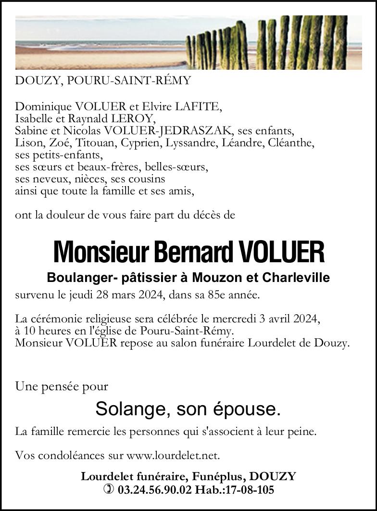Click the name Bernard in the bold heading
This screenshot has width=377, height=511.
(x=193, y=252)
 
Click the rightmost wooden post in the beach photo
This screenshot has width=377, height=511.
(x=340, y=42)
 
